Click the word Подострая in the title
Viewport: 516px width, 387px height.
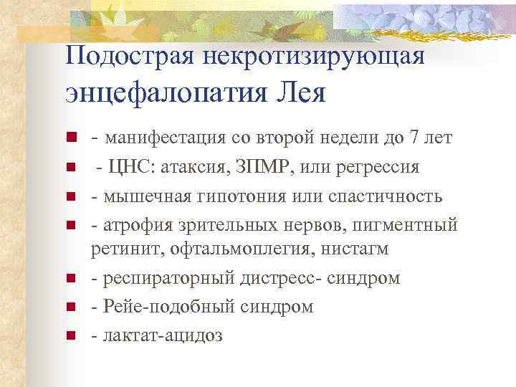coord(123,56)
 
